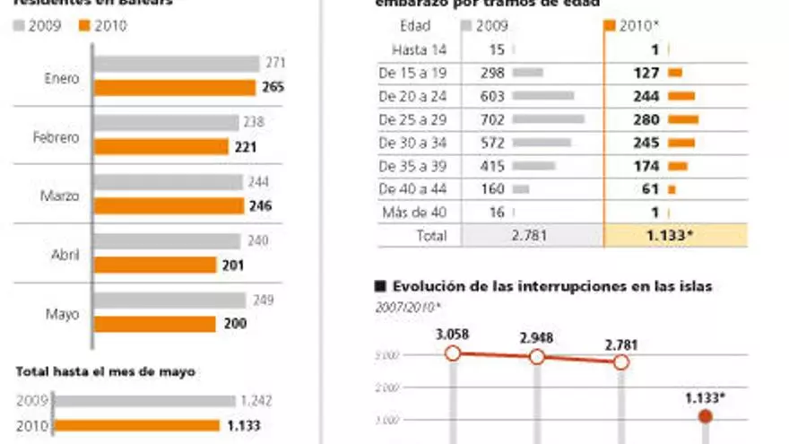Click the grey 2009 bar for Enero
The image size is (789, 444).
tap(177, 65)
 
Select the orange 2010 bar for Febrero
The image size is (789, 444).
tap(161, 146)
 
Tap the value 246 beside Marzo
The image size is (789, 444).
tap(259, 205)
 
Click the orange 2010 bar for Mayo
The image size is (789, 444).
tap(155, 323)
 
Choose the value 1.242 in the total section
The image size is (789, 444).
tap(256, 401)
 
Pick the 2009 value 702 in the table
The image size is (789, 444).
tap(491, 118)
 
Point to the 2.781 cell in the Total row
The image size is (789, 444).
tap(530, 236)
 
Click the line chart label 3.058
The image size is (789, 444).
tap(452, 335)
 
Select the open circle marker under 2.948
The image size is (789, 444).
tap(537, 357)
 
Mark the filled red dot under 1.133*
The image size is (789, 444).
tap(705, 416)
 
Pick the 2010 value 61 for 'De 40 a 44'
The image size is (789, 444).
tap(650, 188)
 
